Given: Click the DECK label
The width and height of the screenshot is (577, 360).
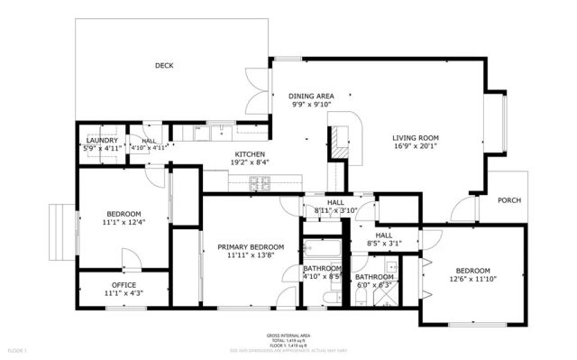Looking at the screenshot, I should [x=163, y=65].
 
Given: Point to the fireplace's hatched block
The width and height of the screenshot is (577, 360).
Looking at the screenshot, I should [x=335, y=140].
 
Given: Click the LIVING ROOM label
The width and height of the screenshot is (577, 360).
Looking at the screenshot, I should [x=415, y=138].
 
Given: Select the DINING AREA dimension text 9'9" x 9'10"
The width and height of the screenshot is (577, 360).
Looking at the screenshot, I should [x=311, y=105].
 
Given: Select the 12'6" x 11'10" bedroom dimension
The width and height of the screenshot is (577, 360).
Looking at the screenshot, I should [x=472, y=279].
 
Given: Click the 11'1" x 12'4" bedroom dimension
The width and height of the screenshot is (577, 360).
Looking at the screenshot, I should [x=124, y=222].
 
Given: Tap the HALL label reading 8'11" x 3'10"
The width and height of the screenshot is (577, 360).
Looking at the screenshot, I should [x=335, y=210].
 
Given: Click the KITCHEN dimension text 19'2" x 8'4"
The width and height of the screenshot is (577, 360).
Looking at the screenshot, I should [x=249, y=162].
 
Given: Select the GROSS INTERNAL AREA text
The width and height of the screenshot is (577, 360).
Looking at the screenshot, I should [x=289, y=333].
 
